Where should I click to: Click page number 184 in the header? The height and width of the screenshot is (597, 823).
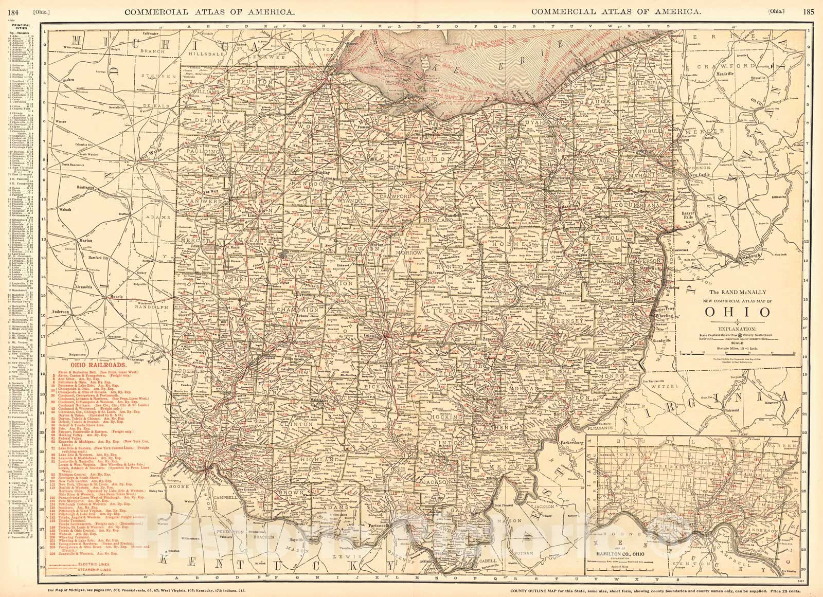tap(10, 11)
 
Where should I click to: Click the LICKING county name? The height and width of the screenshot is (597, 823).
tap(453, 311)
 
